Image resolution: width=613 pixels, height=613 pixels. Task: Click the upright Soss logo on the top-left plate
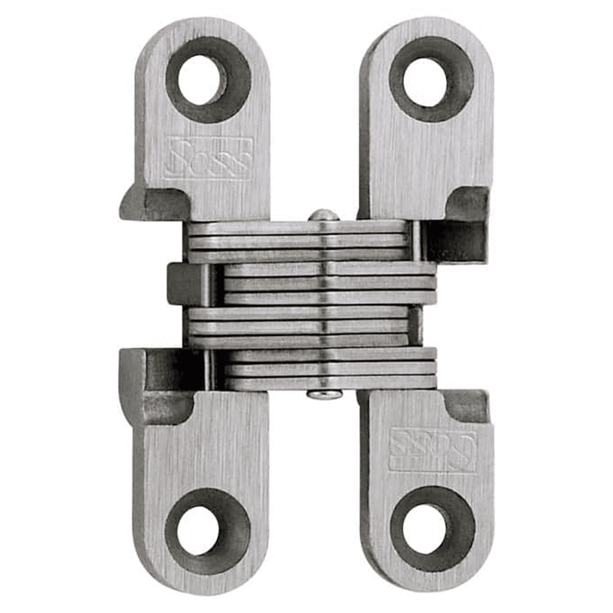click(209, 158)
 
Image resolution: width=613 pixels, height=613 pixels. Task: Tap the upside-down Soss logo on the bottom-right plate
click(433, 451)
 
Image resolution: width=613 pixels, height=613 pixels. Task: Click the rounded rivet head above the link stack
click(323, 215)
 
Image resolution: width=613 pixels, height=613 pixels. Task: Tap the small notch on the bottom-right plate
click(466, 405)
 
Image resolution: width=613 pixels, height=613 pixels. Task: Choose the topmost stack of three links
click(297, 242)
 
